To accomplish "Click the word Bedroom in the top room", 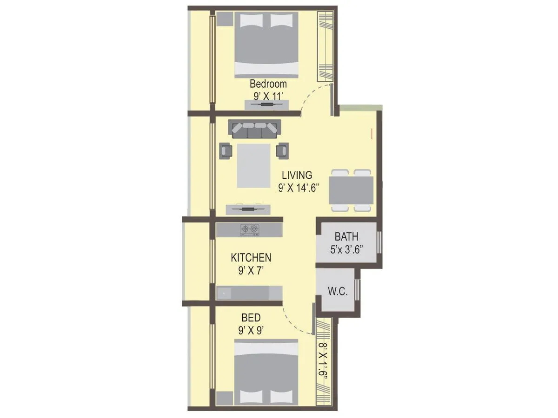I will tap(268, 84).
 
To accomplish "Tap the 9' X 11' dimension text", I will tap(268, 96).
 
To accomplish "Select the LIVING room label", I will tap(297, 175).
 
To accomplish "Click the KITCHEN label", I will tap(251, 258).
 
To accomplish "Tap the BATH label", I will tap(346, 237).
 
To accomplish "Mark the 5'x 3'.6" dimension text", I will tap(347, 249).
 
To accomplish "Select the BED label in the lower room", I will tap(251, 318).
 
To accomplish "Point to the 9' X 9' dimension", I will tap(251, 330).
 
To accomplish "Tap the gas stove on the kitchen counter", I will tap(249, 229).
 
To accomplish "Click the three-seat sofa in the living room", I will tap(254, 129).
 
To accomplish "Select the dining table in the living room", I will tap(351, 190).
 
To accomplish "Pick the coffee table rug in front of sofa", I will tap(253, 166).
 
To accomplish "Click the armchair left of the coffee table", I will tap(226, 150).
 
